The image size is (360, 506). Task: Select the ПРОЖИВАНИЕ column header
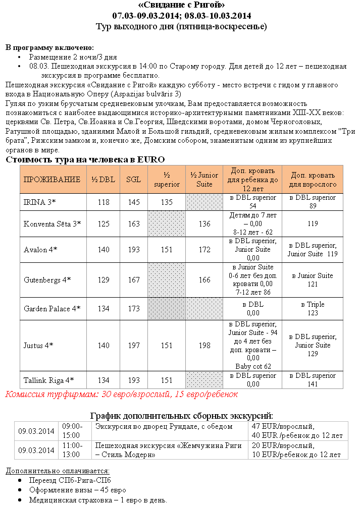click(x=52, y=180)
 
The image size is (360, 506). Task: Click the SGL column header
click(x=134, y=180)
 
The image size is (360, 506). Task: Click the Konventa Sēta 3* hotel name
click(x=52, y=223)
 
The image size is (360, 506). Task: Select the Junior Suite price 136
click(x=204, y=223)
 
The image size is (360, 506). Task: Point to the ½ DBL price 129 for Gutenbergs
click(x=104, y=279)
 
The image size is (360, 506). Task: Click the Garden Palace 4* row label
click(x=52, y=309)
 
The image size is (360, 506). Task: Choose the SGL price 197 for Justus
click(x=134, y=346)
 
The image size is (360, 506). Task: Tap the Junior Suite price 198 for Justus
click(x=204, y=346)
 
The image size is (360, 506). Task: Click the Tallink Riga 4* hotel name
click(x=49, y=380)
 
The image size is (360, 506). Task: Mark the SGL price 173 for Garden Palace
click(x=134, y=309)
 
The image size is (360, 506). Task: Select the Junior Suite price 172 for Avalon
click(x=204, y=250)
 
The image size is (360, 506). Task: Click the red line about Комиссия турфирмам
click(x=121, y=394)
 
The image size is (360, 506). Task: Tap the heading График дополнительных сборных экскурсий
click(x=181, y=416)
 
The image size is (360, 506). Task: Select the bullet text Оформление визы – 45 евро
click(x=77, y=490)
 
